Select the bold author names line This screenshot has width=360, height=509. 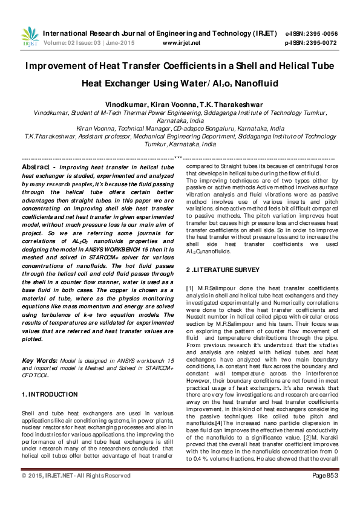[x=180, y=104]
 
